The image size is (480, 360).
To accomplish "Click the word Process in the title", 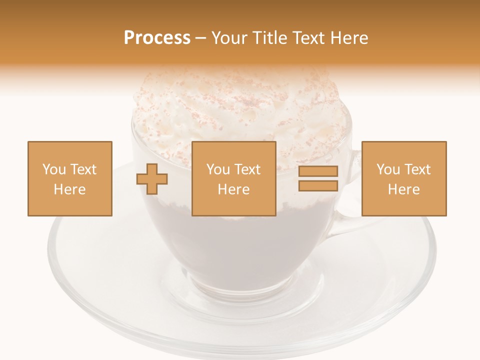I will click(157, 38).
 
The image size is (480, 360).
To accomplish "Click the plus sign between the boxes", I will click(152, 178).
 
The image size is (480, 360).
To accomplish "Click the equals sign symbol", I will click(318, 178).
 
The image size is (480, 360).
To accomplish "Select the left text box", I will click(70, 178).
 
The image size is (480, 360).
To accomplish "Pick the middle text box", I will click(234, 178).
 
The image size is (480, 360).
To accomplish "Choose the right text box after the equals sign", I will click(404, 178).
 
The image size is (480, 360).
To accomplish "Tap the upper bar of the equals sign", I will click(318, 171).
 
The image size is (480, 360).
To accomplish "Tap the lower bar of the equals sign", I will click(318, 185).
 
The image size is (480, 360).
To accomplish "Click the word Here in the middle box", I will click(234, 189).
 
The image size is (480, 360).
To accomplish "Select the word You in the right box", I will click(388, 169).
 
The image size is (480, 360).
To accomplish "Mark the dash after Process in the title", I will click(200, 38).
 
